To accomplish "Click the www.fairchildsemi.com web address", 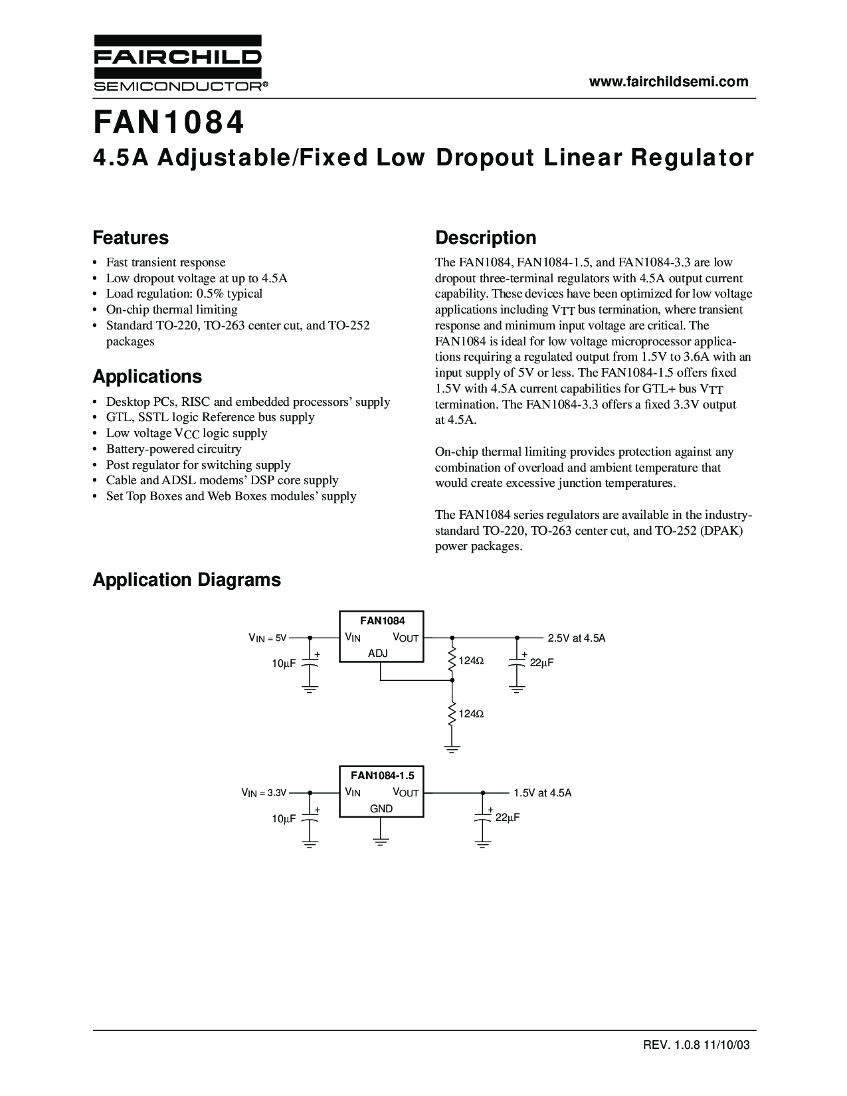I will pyautogui.click(x=669, y=82).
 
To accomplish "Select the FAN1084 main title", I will pyautogui.click(x=169, y=123).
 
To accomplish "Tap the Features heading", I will pyautogui.click(x=131, y=238).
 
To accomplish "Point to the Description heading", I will pyautogui.click(x=486, y=238).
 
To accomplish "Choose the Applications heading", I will pyautogui.click(x=147, y=377).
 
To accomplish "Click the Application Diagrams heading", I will pyautogui.click(x=187, y=580).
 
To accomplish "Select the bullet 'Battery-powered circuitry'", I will pyautogui.click(x=173, y=449).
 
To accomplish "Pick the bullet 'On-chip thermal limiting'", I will pyautogui.click(x=171, y=310).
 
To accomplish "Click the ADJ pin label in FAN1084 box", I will pyautogui.click(x=378, y=654).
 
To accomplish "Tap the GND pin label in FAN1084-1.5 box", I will pyautogui.click(x=381, y=808).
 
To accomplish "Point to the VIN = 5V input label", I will pyautogui.click(x=267, y=638).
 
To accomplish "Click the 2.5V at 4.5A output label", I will pyautogui.click(x=577, y=638).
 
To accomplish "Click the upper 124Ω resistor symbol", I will pyautogui.click(x=452, y=661).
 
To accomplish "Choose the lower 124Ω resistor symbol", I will pyautogui.click(x=452, y=714).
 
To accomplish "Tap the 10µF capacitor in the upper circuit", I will pyautogui.click(x=310, y=664).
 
